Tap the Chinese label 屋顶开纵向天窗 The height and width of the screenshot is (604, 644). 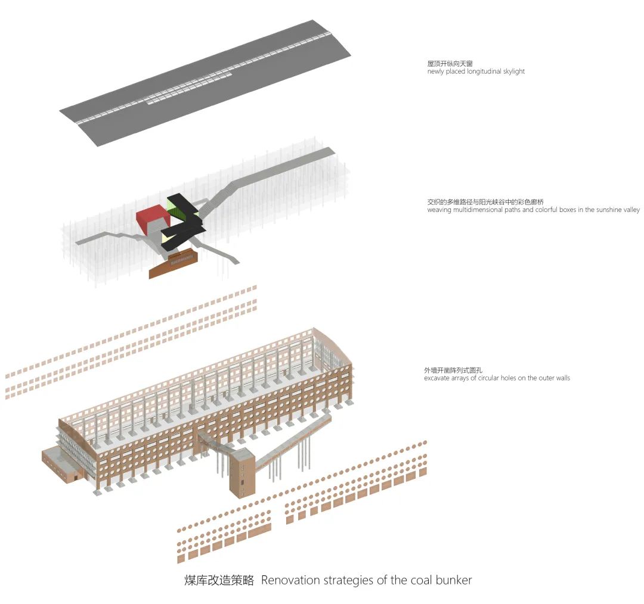450,64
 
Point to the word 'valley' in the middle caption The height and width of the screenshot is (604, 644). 631,210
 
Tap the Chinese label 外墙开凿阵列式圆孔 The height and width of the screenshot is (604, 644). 453,371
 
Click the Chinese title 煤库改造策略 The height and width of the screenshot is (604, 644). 219,580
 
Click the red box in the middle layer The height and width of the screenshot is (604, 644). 153,220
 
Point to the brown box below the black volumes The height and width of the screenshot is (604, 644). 174,263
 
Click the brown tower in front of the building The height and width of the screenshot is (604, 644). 242,473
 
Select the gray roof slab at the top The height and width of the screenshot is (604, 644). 205,83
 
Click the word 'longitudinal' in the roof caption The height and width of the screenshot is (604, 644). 484,72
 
